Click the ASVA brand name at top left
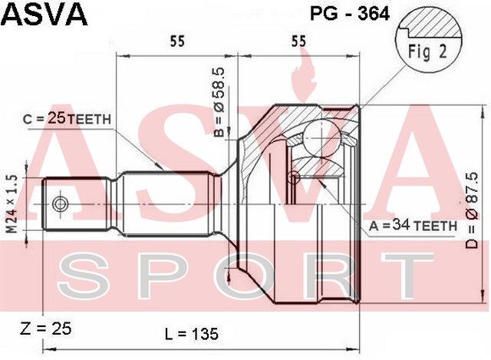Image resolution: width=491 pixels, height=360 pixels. tap(44, 14)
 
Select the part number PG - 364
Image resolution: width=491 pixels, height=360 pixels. tap(350, 14)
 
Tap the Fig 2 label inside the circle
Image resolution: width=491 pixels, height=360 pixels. tap(427, 51)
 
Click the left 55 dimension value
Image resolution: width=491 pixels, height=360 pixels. tap(177, 41)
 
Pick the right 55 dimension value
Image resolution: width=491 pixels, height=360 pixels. tap(298, 41)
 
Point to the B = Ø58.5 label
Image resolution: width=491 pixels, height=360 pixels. tap(219, 103)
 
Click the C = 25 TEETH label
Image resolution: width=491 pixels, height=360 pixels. tap(67, 119)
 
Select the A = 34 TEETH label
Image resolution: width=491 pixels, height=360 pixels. tap(413, 226)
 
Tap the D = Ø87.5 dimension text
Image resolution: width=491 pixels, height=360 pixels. tap(472, 210)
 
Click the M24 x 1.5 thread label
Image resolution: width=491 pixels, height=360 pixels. tap(12, 204)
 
